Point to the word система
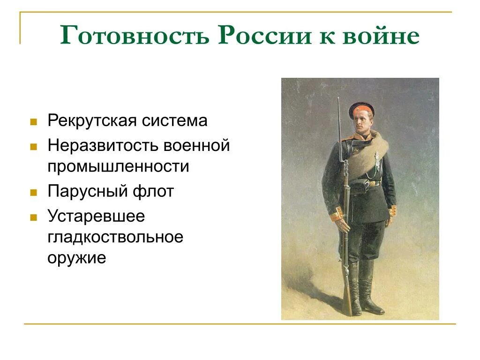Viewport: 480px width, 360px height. click(179, 121)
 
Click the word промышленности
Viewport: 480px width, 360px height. click(118, 166)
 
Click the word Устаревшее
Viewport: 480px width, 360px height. click(96, 216)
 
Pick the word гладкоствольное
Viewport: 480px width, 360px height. click(115, 237)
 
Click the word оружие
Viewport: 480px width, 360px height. click(76, 258)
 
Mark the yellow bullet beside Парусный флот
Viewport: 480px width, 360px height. click(33, 193)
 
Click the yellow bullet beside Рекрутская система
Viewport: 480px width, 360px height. click(33, 122)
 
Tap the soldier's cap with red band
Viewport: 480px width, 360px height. click(361, 108)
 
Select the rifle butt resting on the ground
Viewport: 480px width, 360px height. click(346, 305)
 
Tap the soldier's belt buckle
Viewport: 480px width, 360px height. click(370, 184)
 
